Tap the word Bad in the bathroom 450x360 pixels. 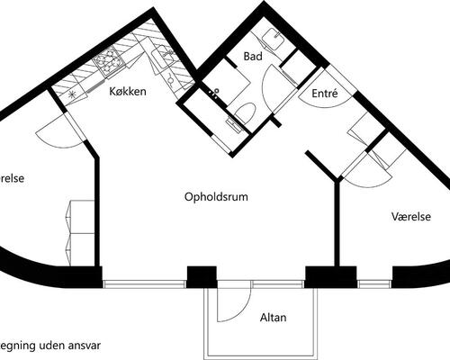pyautogui.click(x=253, y=56)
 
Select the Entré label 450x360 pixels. pyautogui.click(x=325, y=93)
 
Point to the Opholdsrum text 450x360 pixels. pyautogui.click(x=215, y=196)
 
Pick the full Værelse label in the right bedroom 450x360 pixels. pyautogui.click(x=412, y=216)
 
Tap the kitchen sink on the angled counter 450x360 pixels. pyautogui.click(x=164, y=58)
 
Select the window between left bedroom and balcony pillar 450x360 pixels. pyautogui.click(x=144, y=283)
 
